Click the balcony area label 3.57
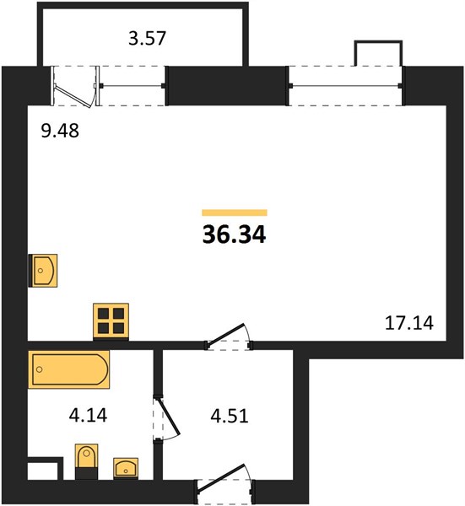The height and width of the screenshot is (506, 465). tap(147, 38)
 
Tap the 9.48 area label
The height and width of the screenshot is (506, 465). tap(60, 131)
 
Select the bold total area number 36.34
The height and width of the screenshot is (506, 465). tap(234, 234)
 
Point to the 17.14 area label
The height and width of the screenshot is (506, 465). tap(409, 323)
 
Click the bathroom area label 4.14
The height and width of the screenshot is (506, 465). tap(88, 415)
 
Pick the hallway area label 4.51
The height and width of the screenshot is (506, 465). tap(230, 416)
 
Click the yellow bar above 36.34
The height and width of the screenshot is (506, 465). tap(235, 213)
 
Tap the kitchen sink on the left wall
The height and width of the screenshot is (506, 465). tap(43, 271)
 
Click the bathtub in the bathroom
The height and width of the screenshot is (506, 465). tap(69, 369)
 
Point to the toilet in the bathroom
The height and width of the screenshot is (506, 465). tap(87, 461)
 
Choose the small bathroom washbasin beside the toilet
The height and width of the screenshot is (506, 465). tap(126, 468)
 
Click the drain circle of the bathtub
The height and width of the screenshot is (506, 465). tap(40, 369)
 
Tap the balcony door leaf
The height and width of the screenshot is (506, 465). tap(73, 95)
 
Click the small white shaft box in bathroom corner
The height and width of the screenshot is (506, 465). tap(42, 471)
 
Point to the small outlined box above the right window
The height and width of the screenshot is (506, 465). tap(378, 53)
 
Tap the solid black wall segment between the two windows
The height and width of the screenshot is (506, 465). tap(228, 86)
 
